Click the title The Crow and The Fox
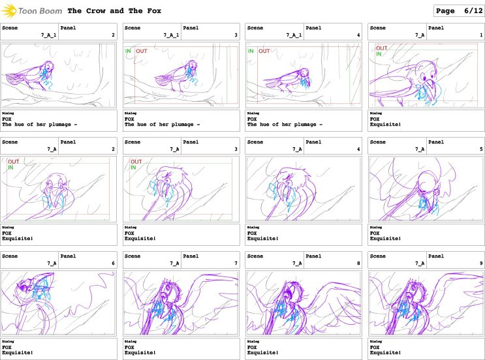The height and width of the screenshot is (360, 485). (114, 11)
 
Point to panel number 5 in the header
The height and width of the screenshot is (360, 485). (480, 149)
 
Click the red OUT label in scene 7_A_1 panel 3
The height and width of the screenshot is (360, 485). (142, 51)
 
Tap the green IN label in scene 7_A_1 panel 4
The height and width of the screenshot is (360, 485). (251, 51)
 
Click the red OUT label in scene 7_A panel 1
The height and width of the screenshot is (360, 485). (381, 48)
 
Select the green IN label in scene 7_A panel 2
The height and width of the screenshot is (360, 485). (10, 168)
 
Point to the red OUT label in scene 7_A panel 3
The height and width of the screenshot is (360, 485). (136, 162)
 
